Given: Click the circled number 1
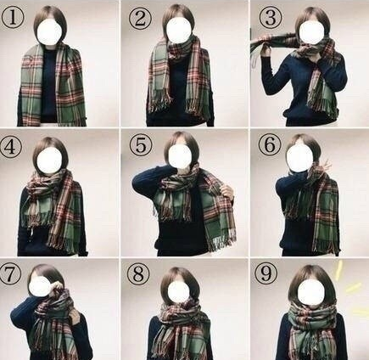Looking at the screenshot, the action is [x=13, y=17].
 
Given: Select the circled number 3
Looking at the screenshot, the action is [x=271, y=16].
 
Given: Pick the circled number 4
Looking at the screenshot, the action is [x=11, y=147].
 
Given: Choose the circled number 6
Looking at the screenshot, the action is [x=270, y=144].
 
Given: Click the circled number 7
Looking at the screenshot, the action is [x=10, y=274].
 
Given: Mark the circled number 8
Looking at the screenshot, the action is [x=138, y=274].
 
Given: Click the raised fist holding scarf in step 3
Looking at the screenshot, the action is [x=266, y=51].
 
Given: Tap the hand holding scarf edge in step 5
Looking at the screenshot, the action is [x=227, y=190].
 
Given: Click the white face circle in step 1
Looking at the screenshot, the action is [x=49, y=31].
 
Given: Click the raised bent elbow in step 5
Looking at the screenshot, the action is [x=138, y=181].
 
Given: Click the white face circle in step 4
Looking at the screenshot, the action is [x=49, y=160].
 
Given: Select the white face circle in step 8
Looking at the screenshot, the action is [x=178, y=291].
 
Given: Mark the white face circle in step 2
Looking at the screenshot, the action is [x=179, y=29].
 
